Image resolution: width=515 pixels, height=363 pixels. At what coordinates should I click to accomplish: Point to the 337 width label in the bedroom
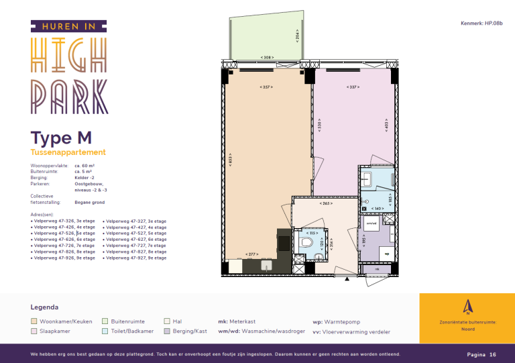click(353, 87)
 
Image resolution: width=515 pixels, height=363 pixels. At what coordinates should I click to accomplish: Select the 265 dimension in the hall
click(327, 203)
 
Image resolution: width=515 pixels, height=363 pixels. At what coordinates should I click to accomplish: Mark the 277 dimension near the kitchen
click(252, 254)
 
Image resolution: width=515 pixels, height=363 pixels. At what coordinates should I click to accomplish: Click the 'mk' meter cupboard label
click(377, 269)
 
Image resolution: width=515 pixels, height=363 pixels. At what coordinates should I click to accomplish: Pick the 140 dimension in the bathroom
click(378, 209)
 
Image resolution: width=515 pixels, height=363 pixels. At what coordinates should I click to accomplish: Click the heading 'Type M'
click(61, 138)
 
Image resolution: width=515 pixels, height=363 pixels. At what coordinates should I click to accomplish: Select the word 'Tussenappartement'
click(68, 153)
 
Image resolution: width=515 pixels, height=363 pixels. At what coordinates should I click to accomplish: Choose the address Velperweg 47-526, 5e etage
click(64, 233)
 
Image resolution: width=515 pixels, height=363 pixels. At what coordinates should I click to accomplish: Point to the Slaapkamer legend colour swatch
click(35, 331)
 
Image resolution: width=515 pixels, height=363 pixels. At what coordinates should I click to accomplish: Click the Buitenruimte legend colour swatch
click(105, 321)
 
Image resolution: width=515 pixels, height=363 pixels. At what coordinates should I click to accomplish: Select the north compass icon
click(467, 308)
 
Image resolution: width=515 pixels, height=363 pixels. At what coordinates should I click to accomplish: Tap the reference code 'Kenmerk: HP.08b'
click(481, 23)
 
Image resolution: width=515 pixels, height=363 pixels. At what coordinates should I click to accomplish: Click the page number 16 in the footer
click(492, 354)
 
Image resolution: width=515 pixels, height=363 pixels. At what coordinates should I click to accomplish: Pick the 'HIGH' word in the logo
click(69, 56)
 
